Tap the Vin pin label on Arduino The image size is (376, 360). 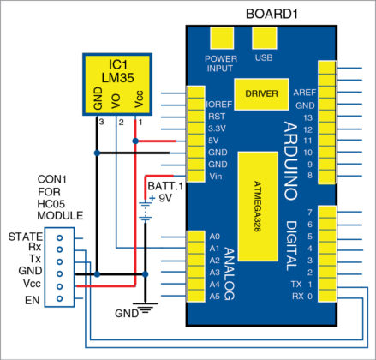[x=216, y=177]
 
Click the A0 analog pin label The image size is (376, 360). [x=215, y=236]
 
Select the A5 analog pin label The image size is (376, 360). [x=215, y=297]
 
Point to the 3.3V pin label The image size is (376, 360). [x=218, y=128]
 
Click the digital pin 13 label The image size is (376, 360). [x=308, y=115]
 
